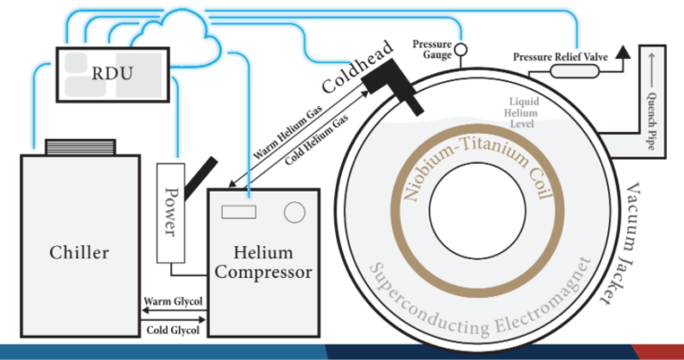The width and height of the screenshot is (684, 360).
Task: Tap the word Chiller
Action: click(x=79, y=253)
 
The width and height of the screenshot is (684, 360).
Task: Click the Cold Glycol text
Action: click(x=174, y=331)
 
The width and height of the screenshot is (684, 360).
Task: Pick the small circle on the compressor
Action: click(x=292, y=212)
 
